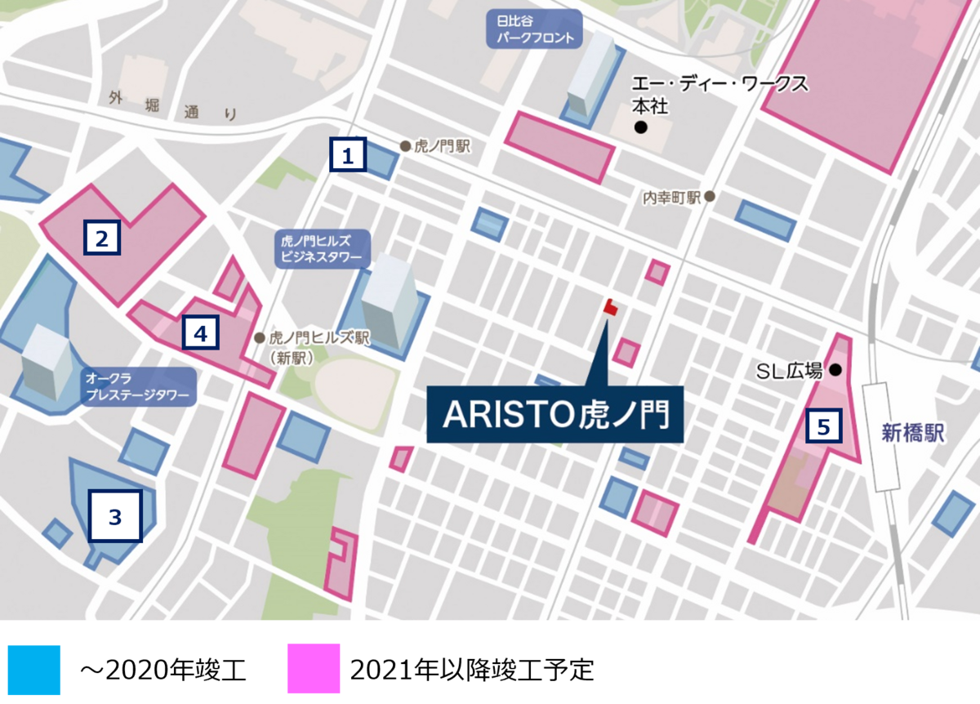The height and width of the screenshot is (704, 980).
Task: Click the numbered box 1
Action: (348, 154)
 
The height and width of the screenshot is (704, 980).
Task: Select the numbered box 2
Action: (102, 238)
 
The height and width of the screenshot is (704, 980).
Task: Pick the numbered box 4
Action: (201, 332)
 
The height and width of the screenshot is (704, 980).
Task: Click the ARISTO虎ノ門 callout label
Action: (555, 416)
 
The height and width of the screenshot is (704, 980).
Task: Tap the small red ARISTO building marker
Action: (609, 308)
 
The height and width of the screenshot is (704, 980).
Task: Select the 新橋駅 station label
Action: (912, 433)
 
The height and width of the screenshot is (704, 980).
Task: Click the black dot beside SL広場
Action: (835, 370)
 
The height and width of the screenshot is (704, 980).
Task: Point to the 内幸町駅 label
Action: (672, 197)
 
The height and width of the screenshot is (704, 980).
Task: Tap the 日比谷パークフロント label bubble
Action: (534, 29)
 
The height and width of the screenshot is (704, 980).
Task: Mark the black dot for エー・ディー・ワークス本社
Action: (641, 127)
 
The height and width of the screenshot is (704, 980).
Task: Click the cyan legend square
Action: (35, 670)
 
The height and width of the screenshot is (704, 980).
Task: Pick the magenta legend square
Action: (314, 669)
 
